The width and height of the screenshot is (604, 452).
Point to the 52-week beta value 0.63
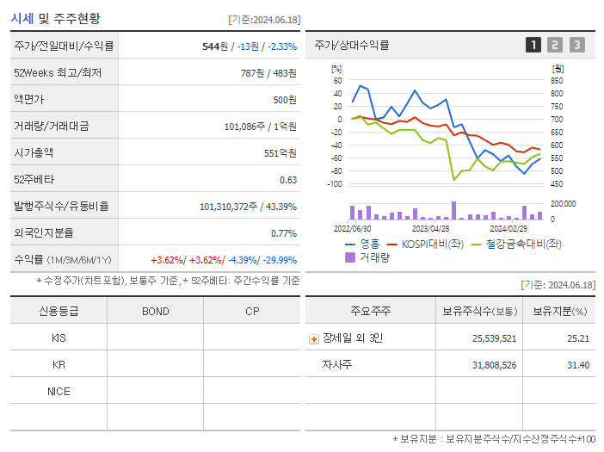coord(287,179)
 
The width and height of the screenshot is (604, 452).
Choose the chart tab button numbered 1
coord(533,45)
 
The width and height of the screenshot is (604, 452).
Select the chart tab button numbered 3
coord(576,45)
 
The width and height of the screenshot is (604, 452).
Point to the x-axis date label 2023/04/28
coord(430,228)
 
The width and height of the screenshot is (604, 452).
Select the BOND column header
coord(155,312)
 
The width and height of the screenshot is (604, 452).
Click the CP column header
coord(251,312)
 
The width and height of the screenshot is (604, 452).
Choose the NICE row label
coord(59,392)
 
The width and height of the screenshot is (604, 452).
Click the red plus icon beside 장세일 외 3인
coord(313,338)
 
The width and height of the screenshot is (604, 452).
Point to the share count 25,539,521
coord(494,338)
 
